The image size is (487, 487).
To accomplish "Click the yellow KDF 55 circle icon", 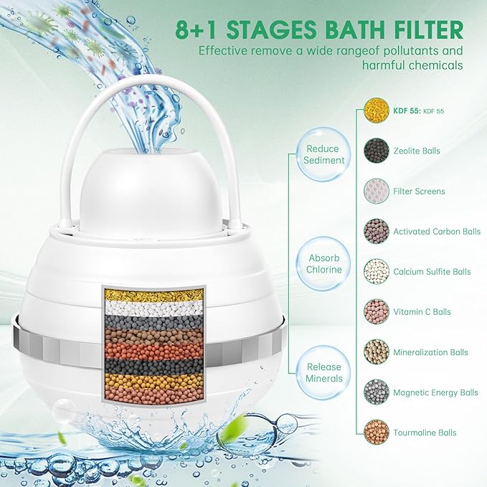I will click(377, 110).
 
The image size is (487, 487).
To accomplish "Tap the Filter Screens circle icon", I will click(377, 192).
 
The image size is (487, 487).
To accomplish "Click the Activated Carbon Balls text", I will click(437, 232).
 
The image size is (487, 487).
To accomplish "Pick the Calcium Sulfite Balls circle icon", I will click(377, 272).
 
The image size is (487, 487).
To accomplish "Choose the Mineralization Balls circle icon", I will click(377, 352).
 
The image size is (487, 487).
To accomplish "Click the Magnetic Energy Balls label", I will click(435, 392).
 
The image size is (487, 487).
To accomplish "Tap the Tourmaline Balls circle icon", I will click(377, 432).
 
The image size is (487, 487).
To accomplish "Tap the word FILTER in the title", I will click(431, 30).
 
